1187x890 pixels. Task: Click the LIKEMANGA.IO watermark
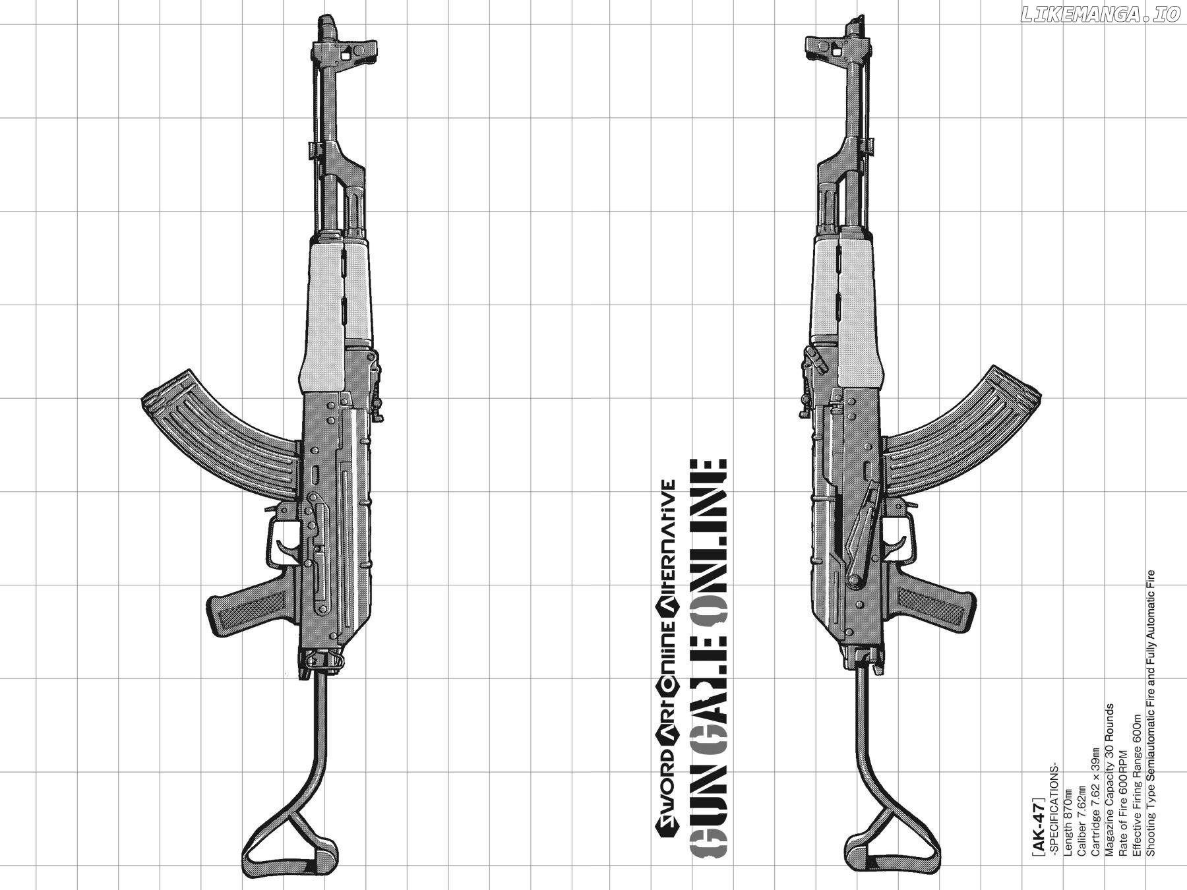pyautogui.click(x=1099, y=15)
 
